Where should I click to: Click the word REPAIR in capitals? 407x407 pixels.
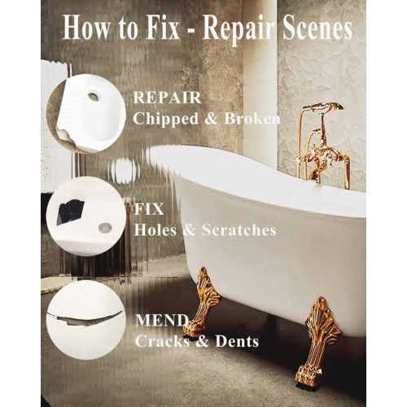(x=167, y=98)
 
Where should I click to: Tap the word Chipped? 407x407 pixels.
(x=166, y=119)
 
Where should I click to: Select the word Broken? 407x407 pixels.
(x=252, y=118)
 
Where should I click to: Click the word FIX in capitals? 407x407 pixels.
(x=149, y=209)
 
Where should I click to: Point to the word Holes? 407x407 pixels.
(x=155, y=230)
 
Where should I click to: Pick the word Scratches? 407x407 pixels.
(x=239, y=230)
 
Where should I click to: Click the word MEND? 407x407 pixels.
(x=162, y=320)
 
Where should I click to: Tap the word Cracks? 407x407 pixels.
(x=162, y=341)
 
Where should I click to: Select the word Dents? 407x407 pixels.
(x=237, y=341)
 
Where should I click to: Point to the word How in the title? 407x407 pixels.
(x=85, y=28)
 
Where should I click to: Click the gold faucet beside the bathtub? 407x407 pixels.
(x=324, y=145)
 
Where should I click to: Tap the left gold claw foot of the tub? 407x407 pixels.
(x=201, y=302)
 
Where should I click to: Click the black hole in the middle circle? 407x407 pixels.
(x=70, y=212)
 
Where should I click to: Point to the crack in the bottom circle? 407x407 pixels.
(x=84, y=317)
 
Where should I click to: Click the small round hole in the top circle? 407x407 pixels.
(x=93, y=96)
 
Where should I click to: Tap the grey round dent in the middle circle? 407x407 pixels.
(x=105, y=227)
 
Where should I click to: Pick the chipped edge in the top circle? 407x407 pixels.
(x=65, y=134)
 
